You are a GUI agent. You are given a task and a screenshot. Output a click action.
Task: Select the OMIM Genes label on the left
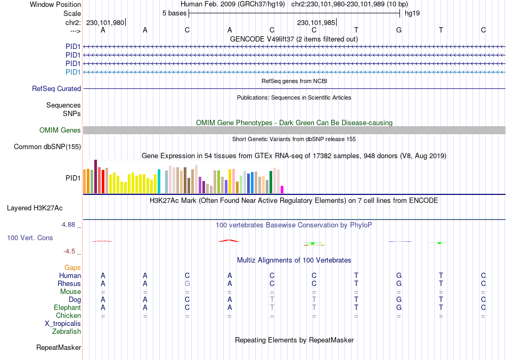60,130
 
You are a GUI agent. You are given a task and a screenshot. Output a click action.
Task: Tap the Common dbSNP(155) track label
47,147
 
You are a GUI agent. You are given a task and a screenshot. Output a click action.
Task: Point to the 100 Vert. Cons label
30,238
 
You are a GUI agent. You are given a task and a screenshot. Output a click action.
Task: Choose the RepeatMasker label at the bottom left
59,348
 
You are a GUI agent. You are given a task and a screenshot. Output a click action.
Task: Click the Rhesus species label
69,284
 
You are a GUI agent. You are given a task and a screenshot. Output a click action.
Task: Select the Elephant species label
68,308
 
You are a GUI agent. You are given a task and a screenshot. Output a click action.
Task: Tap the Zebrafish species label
67,332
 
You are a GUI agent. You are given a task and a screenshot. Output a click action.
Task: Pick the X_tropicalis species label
63,324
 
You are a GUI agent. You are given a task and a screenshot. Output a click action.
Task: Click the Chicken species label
68,316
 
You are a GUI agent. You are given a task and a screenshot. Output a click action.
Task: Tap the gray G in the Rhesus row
187,284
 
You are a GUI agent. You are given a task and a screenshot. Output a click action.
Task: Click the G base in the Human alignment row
399,276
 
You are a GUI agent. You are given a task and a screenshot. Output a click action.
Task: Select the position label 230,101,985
316,23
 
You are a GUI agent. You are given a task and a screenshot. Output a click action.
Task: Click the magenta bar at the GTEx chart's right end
282,189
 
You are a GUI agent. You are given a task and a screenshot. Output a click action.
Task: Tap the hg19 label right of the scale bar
412,13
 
